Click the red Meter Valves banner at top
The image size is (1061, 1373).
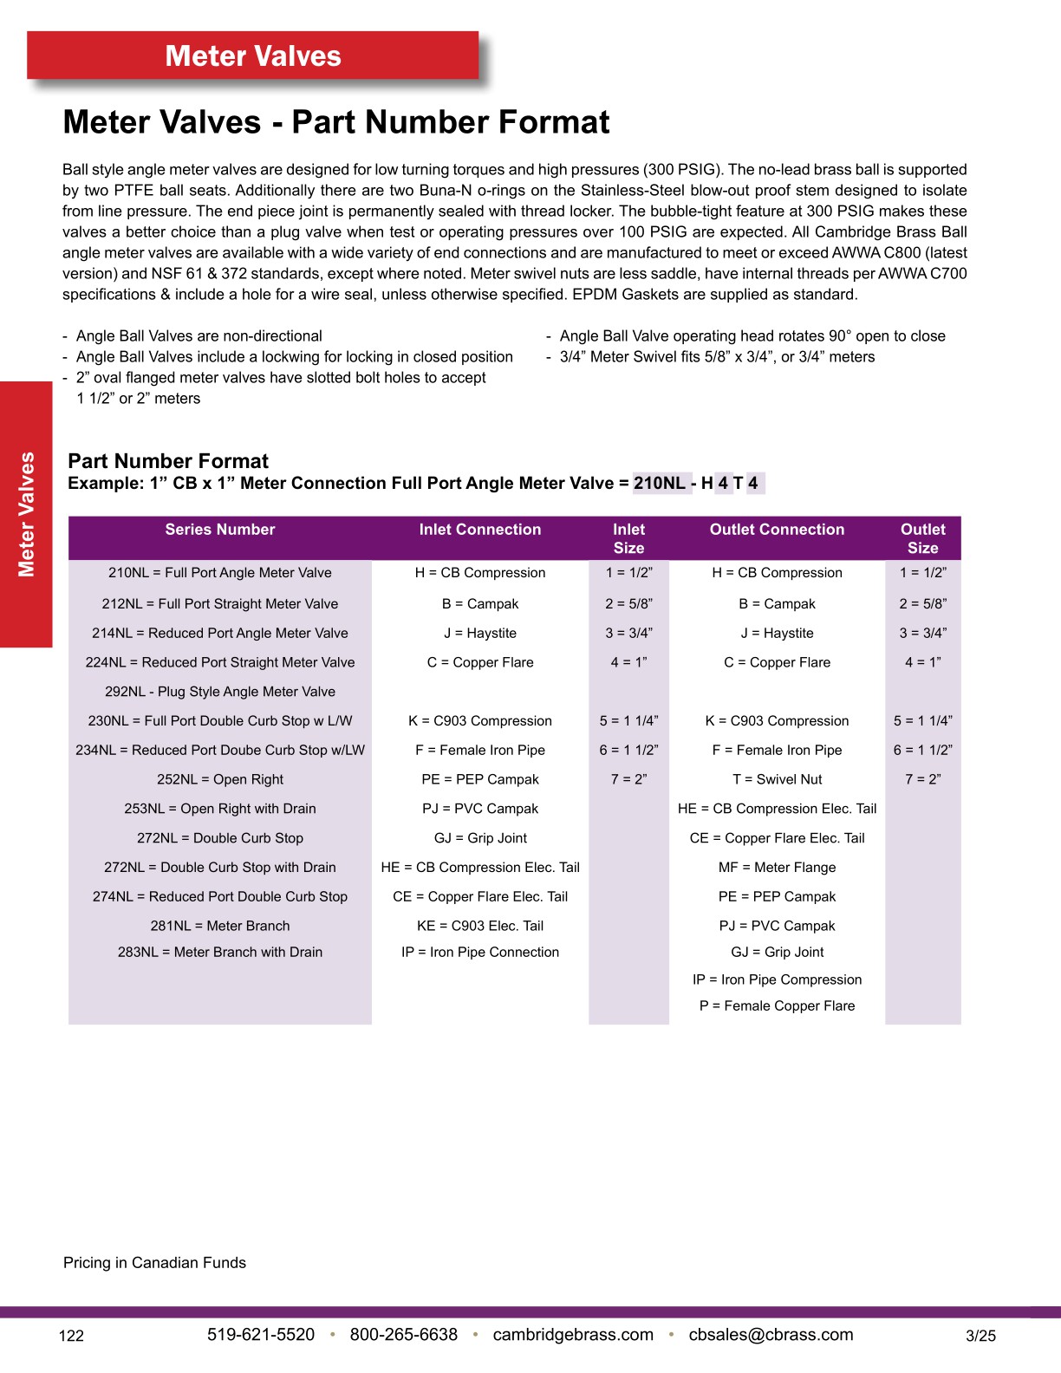[x=253, y=56]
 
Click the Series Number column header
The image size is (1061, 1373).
[x=220, y=530]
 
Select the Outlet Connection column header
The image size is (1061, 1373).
[x=777, y=530]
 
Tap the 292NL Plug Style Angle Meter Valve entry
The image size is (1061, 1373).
[x=220, y=692]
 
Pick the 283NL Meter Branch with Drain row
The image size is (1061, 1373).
[x=220, y=952]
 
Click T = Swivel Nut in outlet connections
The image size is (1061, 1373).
[x=777, y=779]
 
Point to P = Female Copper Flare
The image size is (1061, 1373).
[x=777, y=1005]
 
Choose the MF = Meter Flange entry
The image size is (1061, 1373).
[x=777, y=867]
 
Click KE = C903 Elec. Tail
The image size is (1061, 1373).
[x=480, y=926]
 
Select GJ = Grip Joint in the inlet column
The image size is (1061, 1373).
[x=480, y=838]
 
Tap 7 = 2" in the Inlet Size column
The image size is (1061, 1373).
[x=628, y=779]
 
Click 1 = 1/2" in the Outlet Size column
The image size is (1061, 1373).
[x=923, y=573]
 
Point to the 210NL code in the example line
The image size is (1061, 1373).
[x=660, y=484]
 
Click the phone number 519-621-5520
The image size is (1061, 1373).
[x=261, y=1335]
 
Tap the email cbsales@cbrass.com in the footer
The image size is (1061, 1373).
[x=771, y=1335]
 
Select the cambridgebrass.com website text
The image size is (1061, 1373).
[x=573, y=1335]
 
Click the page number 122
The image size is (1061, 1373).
[x=71, y=1336]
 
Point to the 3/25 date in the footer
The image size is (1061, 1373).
[x=980, y=1336]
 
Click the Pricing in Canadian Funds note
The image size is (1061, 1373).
[x=154, y=1263]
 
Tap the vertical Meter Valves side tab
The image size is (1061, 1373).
[x=26, y=514]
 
